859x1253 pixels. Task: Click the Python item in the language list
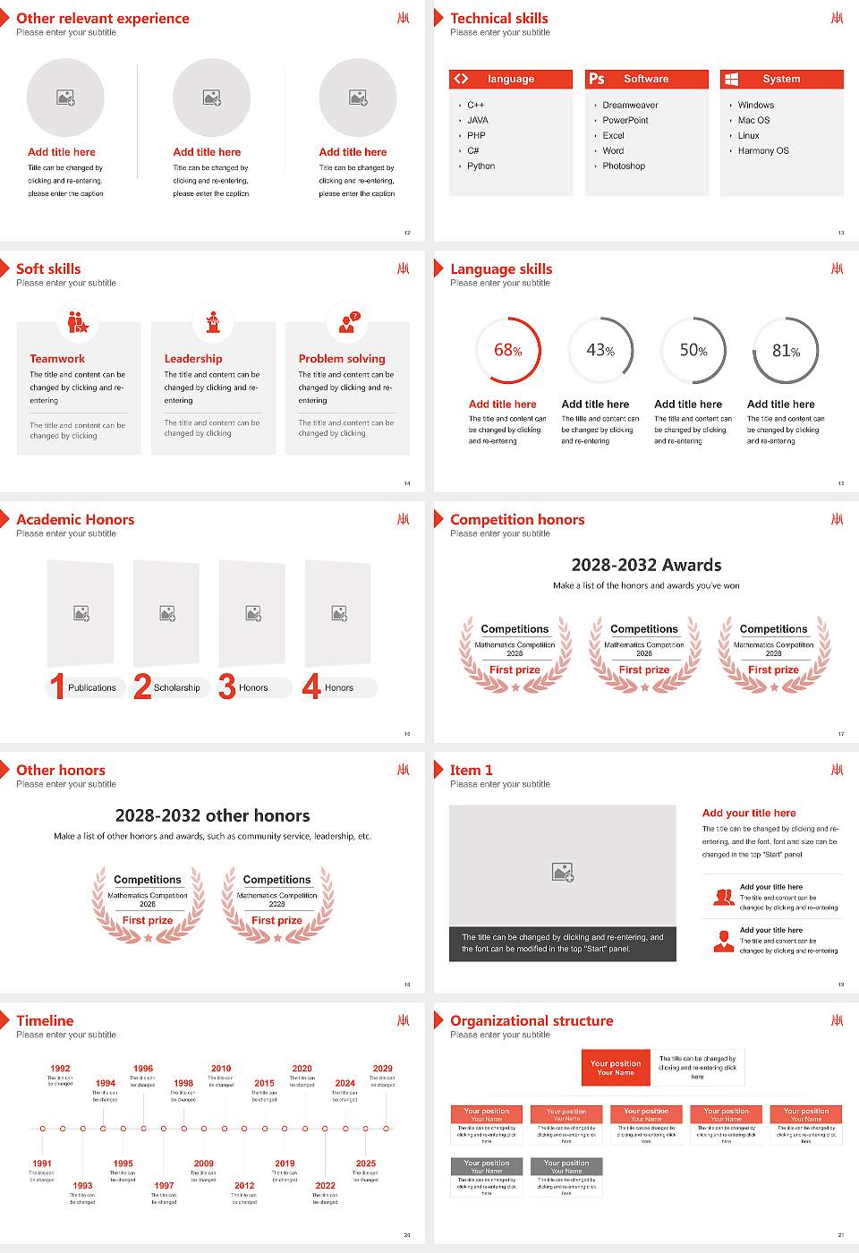481,166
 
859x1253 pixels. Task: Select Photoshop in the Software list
624,166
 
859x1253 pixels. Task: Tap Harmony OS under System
763,151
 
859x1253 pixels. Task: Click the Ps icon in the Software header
597,79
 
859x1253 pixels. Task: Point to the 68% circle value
507,351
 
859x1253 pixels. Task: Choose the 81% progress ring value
786,351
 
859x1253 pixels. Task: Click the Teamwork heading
57,359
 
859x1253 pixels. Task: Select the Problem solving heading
342,359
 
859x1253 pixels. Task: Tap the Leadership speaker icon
213,321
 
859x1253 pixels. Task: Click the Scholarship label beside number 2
176,688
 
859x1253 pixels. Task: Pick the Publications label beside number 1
92,688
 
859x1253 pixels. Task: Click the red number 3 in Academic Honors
226,686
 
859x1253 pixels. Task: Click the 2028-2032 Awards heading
646,565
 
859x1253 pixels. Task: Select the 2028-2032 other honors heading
212,815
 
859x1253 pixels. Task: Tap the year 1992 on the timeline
60,1069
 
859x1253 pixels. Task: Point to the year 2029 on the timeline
382,1069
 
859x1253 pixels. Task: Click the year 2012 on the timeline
244,1186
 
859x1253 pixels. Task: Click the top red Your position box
616,1068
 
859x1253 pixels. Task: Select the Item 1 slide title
471,770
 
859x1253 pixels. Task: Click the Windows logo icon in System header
731,79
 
